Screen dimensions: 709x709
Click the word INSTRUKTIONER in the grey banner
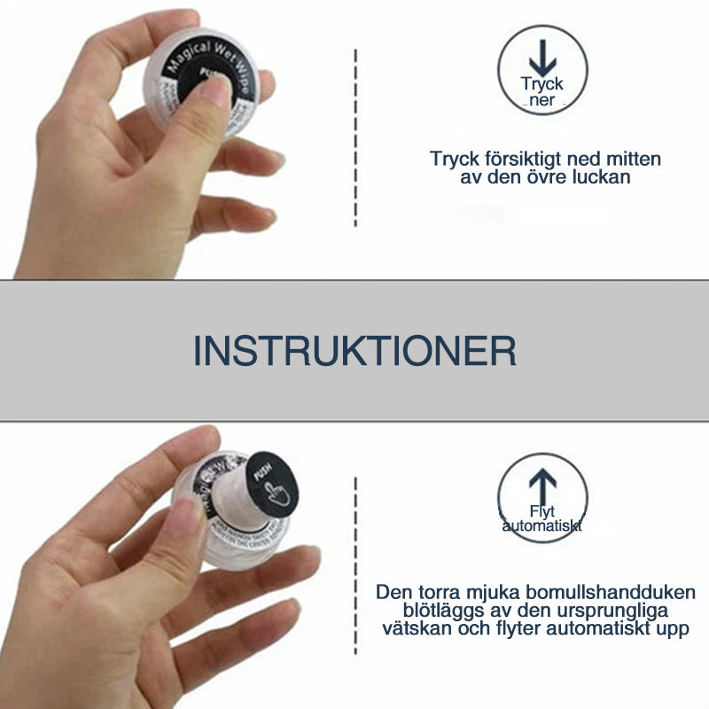pyautogui.click(x=354, y=351)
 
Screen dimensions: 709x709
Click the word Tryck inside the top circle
pyautogui.click(x=541, y=86)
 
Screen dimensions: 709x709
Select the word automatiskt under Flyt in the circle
pyautogui.click(x=542, y=526)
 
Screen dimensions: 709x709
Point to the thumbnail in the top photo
pyautogui.click(x=214, y=89)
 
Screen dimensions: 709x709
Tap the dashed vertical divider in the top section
pyautogui.click(x=355, y=137)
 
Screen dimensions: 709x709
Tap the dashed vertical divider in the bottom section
pyautogui.click(x=355, y=567)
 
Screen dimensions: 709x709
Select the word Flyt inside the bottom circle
pyautogui.click(x=541, y=512)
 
